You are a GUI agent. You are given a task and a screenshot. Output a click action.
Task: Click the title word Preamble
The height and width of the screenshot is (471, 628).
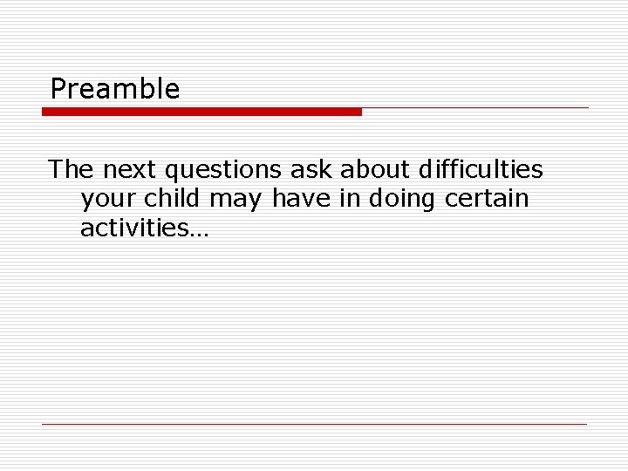tap(115, 89)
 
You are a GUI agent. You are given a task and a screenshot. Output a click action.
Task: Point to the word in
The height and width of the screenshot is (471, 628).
tap(349, 198)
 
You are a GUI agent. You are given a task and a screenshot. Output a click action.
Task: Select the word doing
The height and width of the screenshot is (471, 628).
tap(403, 200)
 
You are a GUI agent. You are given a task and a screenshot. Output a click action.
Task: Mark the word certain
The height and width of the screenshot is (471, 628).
tap(487, 198)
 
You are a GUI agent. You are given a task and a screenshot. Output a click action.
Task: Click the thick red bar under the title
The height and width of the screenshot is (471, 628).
tap(201, 112)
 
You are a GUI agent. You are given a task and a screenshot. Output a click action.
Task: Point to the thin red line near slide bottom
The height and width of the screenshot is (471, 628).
tap(314, 424)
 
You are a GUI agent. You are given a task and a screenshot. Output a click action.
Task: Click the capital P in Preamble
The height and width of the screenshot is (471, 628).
tap(58, 89)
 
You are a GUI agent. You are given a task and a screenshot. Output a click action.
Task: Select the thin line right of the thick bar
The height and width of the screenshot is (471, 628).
tap(475, 108)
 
